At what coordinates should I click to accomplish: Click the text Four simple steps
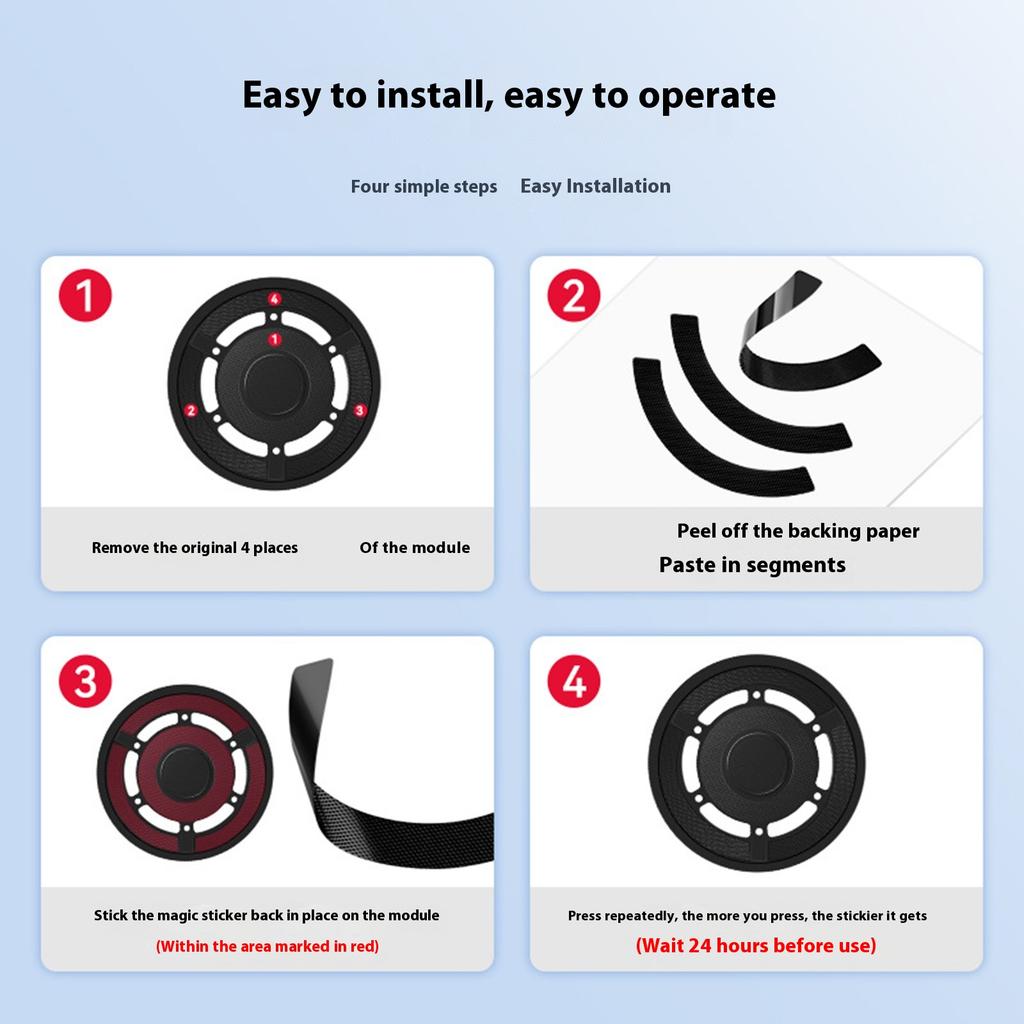click(x=423, y=187)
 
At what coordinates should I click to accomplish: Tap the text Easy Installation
click(x=595, y=186)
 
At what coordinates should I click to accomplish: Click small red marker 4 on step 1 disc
click(x=274, y=298)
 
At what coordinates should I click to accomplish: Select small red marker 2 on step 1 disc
click(x=191, y=410)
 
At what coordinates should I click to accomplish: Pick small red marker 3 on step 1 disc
click(x=360, y=410)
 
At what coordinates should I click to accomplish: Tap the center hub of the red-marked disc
click(x=185, y=771)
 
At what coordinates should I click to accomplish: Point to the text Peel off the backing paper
click(x=798, y=531)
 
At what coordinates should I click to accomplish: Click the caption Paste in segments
click(x=752, y=565)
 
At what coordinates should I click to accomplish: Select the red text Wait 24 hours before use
click(x=756, y=945)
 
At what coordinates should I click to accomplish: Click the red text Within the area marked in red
click(x=267, y=946)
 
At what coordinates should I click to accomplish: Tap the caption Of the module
click(x=414, y=548)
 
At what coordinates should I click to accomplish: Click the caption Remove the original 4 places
click(x=195, y=548)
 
